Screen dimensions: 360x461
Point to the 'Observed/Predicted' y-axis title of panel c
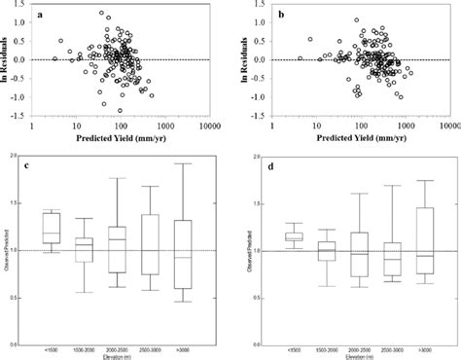point(9,252)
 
